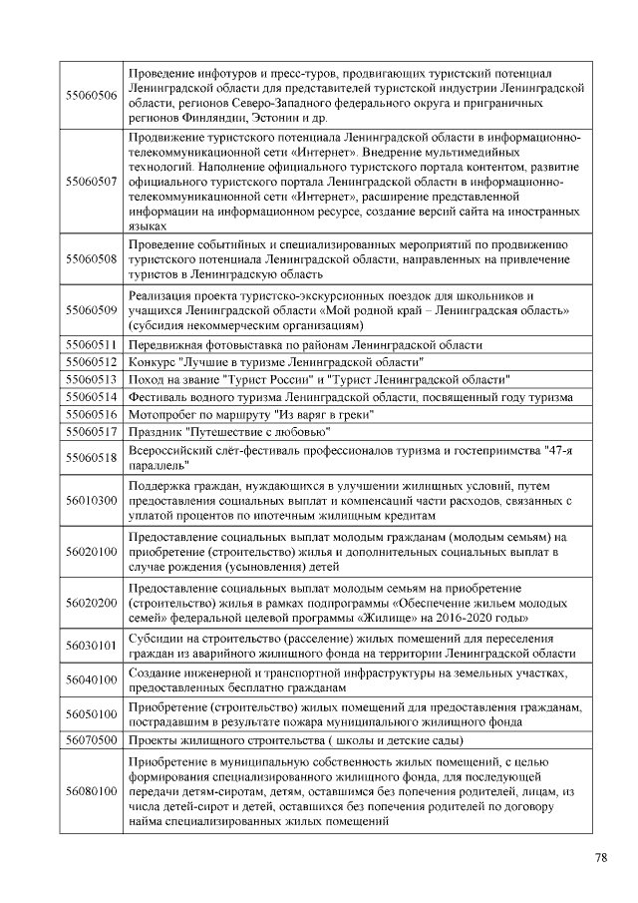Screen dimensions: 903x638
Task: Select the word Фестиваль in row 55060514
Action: [159, 396]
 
